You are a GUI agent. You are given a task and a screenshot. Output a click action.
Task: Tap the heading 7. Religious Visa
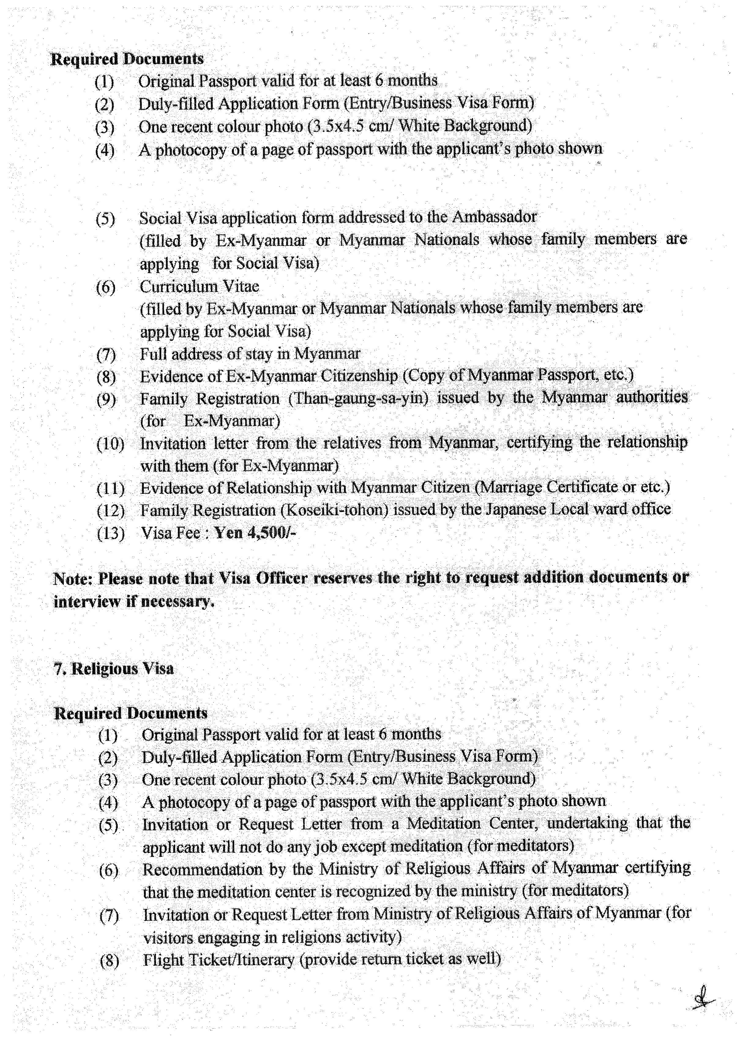click(114, 669)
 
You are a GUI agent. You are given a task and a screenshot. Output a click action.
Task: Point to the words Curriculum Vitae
click(199, 287)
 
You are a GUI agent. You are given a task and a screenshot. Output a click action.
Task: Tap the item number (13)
click(110, 534)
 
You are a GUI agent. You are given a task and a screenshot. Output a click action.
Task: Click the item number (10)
click(110, 444)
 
